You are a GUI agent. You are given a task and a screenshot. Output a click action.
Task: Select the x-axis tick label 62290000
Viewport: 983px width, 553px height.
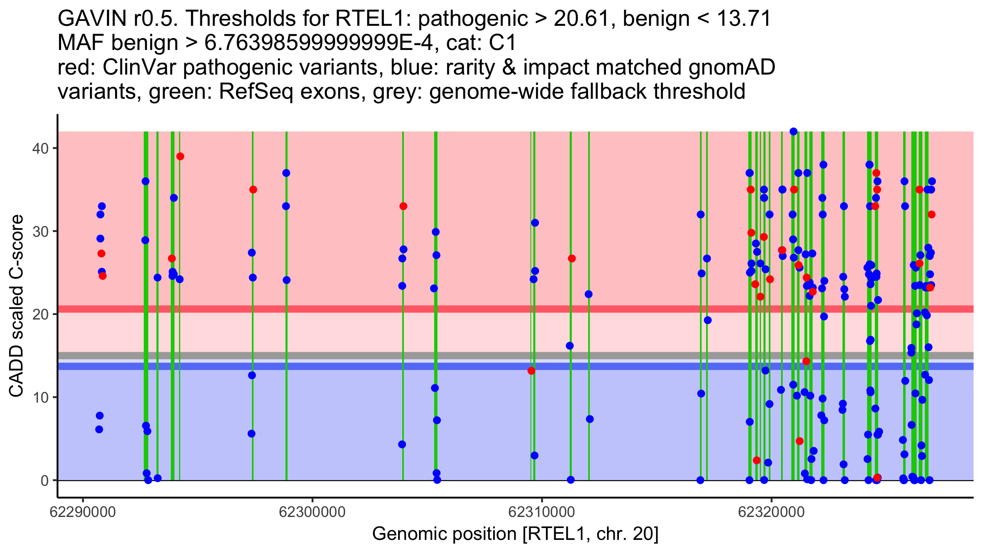(x=83, y=512)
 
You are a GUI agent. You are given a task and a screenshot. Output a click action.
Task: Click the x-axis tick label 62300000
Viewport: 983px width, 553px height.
(x=313, y=512)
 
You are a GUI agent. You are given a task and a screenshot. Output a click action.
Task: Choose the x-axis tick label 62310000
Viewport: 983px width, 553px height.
(x=542, y=512)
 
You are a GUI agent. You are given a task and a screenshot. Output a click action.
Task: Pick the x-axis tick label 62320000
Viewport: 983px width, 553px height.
(x=771, y=512)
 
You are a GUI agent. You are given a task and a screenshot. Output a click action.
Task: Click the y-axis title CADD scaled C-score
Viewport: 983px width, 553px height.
(x=16, y=306)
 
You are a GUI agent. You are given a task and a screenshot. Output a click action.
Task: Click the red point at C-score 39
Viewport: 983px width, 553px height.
(x=180, y=156)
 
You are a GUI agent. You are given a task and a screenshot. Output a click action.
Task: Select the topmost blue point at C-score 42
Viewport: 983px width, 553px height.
(x=793, y=131)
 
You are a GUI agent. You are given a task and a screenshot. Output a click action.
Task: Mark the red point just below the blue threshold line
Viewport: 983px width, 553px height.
(x=531, y=371)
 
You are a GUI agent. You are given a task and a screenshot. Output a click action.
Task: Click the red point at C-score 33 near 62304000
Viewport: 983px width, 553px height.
(x=403, y=206)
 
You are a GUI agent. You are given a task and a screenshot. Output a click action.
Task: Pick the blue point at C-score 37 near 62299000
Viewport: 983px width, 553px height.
(x=286, y=173)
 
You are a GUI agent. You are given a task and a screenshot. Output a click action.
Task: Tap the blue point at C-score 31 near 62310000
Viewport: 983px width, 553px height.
(x=535, y=223)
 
